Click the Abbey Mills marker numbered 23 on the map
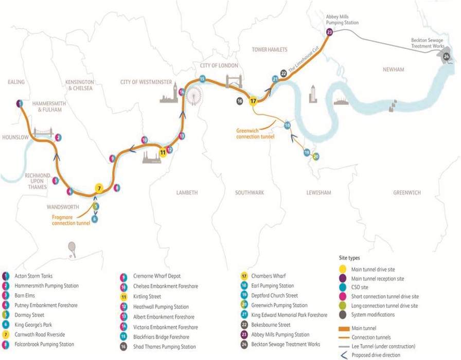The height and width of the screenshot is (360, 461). click(x=330, y=32)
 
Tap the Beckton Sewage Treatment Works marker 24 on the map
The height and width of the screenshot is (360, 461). click(x=446, y=56)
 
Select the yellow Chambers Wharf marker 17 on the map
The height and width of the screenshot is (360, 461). click(x=253, y=101)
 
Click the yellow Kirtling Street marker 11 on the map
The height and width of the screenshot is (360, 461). click(x=163, y=152)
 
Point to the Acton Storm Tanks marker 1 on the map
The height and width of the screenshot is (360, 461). click(x=19, y=103)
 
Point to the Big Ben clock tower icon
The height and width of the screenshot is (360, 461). click(x=175, y=92)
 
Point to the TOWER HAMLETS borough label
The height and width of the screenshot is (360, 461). click(x=269, y=49)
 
